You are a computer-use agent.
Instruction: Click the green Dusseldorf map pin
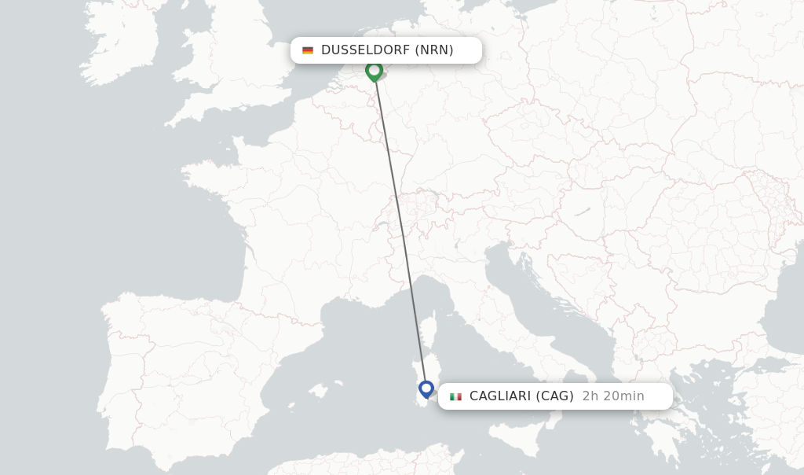pyautogui.click(x=374, y=71)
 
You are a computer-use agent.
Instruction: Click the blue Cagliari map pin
pyautogui.click(x=426, y=388)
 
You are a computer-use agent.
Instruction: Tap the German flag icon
pyautogui.click(x=308, y=50)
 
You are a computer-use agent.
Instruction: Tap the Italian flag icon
pyautogui.click(x=455, y=396)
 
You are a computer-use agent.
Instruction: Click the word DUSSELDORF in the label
pyautogui.click(x=365, y=50)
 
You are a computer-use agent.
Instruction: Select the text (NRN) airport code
pyautogui.click(x=434, y=50)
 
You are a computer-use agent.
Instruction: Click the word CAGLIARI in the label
pyautogui.click(x=499, y=396)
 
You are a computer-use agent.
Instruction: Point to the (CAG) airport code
pyautogui.click(x=554, y=396)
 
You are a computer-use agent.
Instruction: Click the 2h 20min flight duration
pyautogui.click(x=613, y=396)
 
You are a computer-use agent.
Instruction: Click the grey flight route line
pyautogui.click(x=400, y=228)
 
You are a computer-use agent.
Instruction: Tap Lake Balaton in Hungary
pyautogui.click(x=582, y=212)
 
